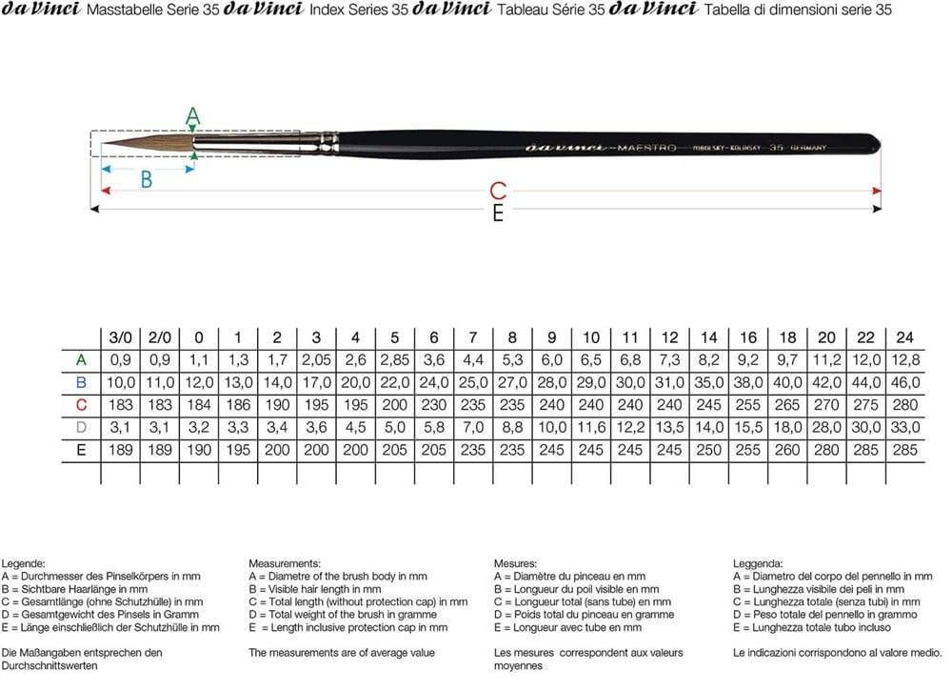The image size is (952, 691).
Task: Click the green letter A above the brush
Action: point(193,117)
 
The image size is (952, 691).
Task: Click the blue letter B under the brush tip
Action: point(146,179)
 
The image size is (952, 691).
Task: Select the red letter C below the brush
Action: point(497,191)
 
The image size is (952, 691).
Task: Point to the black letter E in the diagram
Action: point(497,214)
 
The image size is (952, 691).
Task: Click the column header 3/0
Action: point(120,337)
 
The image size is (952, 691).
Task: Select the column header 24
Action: point(903,337)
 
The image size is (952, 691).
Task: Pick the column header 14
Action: point(708,337)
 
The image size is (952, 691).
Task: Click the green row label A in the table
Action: point(81,360)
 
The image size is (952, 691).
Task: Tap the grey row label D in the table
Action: point(81,428)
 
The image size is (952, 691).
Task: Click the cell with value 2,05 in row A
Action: point(316,360)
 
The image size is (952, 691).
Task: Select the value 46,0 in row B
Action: point(903,382)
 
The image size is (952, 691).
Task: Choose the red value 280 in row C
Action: point(903,405)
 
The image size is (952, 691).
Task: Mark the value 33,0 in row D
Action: point(903,428)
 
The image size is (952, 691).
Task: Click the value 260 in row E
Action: point(787,450)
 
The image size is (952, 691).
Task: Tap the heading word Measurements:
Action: point(285,563)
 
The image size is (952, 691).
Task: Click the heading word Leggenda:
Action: point(758,563)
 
